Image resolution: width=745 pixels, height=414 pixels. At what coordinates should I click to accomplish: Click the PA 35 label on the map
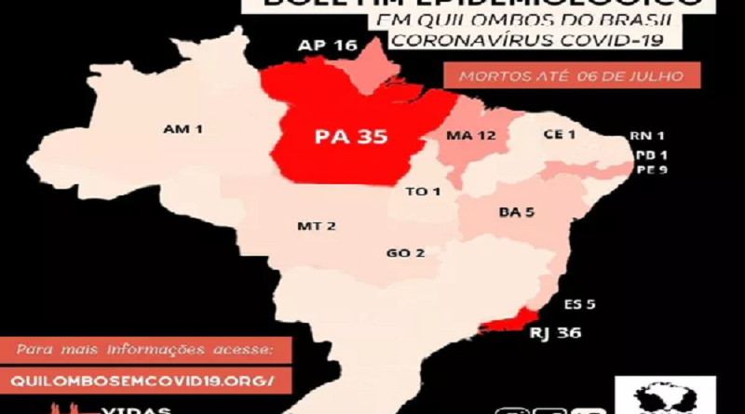pos(350,139)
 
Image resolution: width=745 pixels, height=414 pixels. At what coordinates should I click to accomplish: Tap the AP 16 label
pos(328,45)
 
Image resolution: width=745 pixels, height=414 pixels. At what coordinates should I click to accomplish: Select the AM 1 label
pos(183,127)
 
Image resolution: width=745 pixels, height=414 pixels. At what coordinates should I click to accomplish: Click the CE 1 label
pos(559,134)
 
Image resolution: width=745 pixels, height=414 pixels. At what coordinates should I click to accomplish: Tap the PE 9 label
pos(644,170)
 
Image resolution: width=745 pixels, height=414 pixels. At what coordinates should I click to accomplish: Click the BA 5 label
pos(516,212)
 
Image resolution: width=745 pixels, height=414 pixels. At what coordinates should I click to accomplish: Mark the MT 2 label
pos(317,226)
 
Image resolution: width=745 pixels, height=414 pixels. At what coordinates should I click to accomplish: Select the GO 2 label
pos(406,253)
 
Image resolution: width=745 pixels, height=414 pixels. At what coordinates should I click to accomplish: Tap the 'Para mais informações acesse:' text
pos(144,350)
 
